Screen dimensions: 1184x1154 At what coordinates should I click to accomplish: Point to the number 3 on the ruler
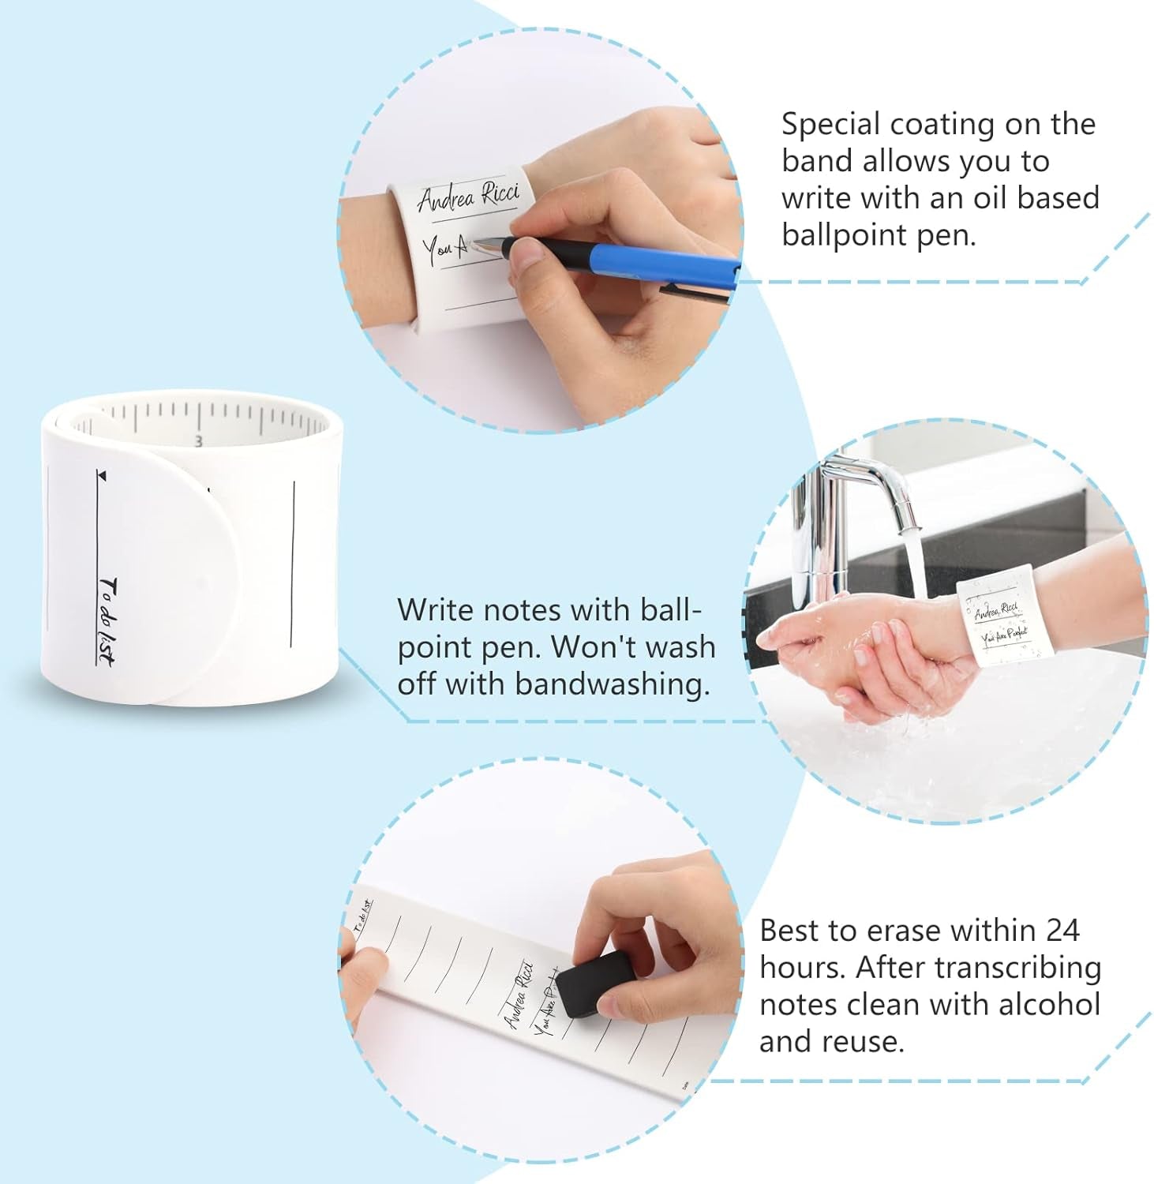click(199, 440)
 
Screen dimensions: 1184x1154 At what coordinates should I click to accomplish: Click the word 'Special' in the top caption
click(830, 124)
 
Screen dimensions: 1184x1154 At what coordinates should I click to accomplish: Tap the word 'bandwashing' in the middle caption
click(613, 684)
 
